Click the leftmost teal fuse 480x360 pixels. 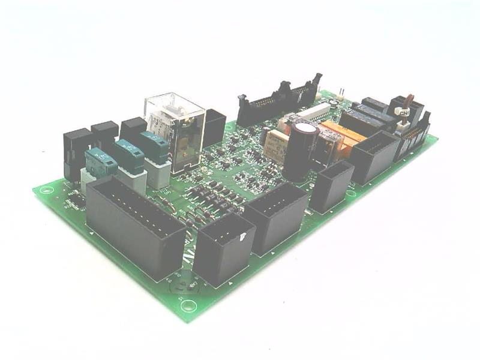tap(100, 161)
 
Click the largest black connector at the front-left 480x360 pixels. tap(133, 227)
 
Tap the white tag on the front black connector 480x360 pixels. tap(242, 237)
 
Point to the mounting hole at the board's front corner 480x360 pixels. tap(190, 304)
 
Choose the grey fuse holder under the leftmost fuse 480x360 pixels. tap(90, 177)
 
